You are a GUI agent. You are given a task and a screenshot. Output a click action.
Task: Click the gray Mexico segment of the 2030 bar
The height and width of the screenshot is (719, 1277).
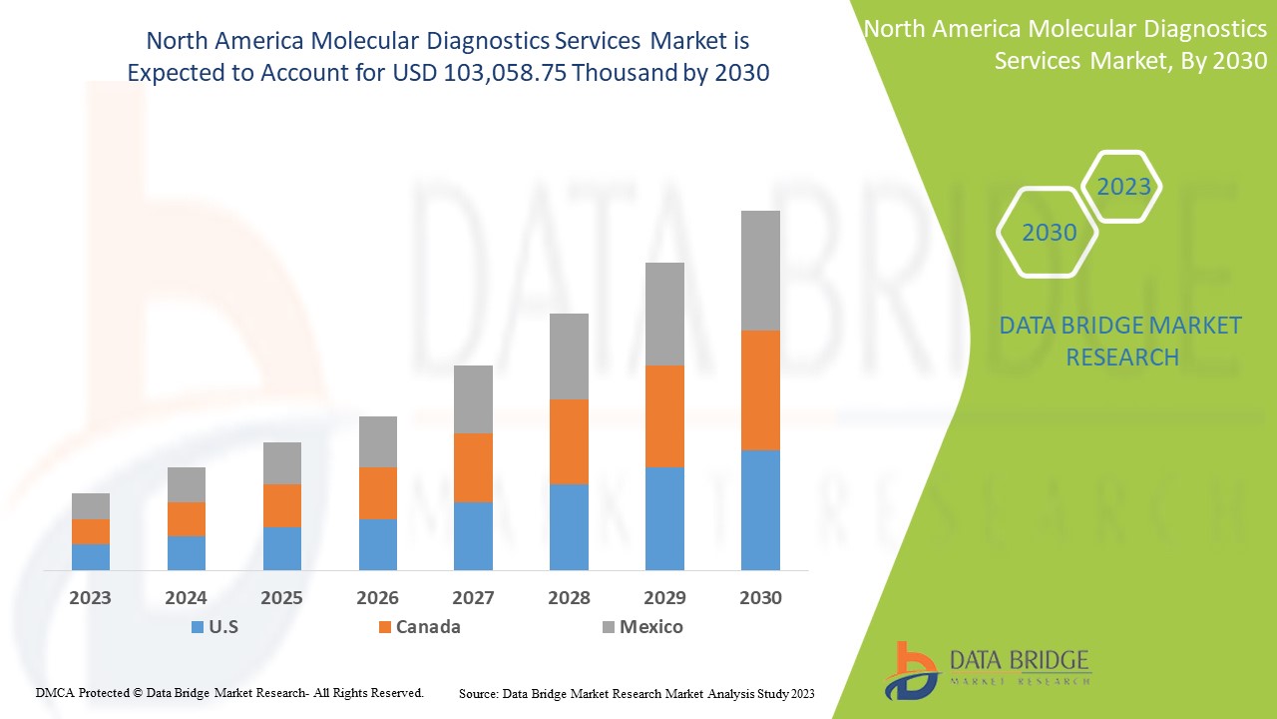tap(760, 271)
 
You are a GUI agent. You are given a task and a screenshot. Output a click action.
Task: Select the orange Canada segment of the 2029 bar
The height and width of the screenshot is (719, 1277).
tap(664, 416)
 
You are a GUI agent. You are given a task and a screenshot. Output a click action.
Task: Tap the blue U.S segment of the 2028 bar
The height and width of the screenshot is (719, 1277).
tap(569, 527)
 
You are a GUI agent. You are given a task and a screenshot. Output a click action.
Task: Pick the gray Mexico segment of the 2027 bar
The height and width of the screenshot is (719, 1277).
tap(473, 399)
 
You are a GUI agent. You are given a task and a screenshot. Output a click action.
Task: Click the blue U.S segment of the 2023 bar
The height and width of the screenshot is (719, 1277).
tap(91, 557)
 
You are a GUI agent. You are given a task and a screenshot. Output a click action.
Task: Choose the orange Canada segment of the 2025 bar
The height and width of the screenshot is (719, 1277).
tap(282, 505)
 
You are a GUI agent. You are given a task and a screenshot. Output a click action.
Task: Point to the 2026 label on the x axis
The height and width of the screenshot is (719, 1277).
tap(377, 598)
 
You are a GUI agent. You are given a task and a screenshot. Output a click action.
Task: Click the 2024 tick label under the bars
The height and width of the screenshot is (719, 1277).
tap(186, 598)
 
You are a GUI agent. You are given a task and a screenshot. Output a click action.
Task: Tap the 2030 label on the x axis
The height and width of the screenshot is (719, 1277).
tap(760, 598)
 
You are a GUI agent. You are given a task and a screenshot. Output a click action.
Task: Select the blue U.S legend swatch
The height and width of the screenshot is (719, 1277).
tap(197, 627)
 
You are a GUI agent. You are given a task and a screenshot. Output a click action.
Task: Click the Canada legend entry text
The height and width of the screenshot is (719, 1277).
tap(428, 627)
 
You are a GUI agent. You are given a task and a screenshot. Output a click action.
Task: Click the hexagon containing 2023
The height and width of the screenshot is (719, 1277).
tap(1123, 187)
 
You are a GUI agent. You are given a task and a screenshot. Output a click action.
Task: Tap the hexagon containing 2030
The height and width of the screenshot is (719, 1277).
tap(1049, 233)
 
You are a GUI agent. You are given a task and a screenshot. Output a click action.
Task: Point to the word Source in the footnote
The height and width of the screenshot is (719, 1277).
tap(478, 693)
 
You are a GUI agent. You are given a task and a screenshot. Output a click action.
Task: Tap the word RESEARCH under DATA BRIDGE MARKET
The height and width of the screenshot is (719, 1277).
tap(1122, 357)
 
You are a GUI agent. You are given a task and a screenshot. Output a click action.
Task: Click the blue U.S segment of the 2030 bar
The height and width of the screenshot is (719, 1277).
tap(760, 510)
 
